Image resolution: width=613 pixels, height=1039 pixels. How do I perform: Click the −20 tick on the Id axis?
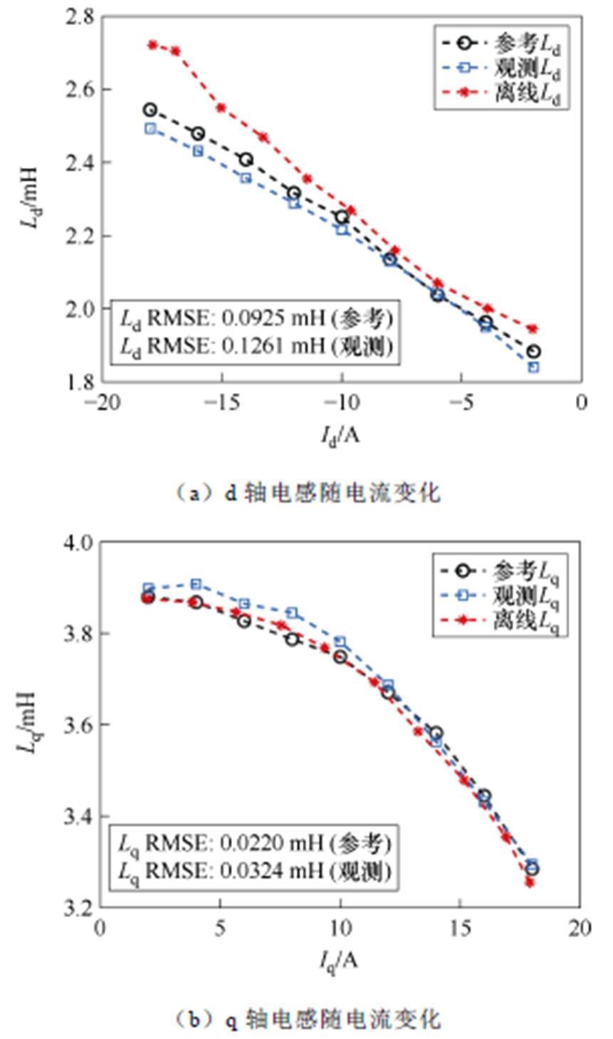point(100,403)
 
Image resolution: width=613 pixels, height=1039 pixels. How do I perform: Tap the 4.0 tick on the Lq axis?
point(79,543)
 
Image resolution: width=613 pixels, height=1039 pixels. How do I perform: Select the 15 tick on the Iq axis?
point(461,929)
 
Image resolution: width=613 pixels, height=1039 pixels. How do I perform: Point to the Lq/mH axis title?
point(27,723)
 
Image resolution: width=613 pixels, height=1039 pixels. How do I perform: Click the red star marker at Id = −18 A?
point(152,45)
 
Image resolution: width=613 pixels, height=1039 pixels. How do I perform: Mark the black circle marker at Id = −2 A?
point(533,352)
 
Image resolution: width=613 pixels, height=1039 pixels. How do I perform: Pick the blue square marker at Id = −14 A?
point(246,178)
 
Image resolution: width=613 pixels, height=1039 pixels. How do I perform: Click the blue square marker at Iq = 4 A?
point(196,585)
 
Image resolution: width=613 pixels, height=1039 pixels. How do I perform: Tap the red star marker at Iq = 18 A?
point(530,882)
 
